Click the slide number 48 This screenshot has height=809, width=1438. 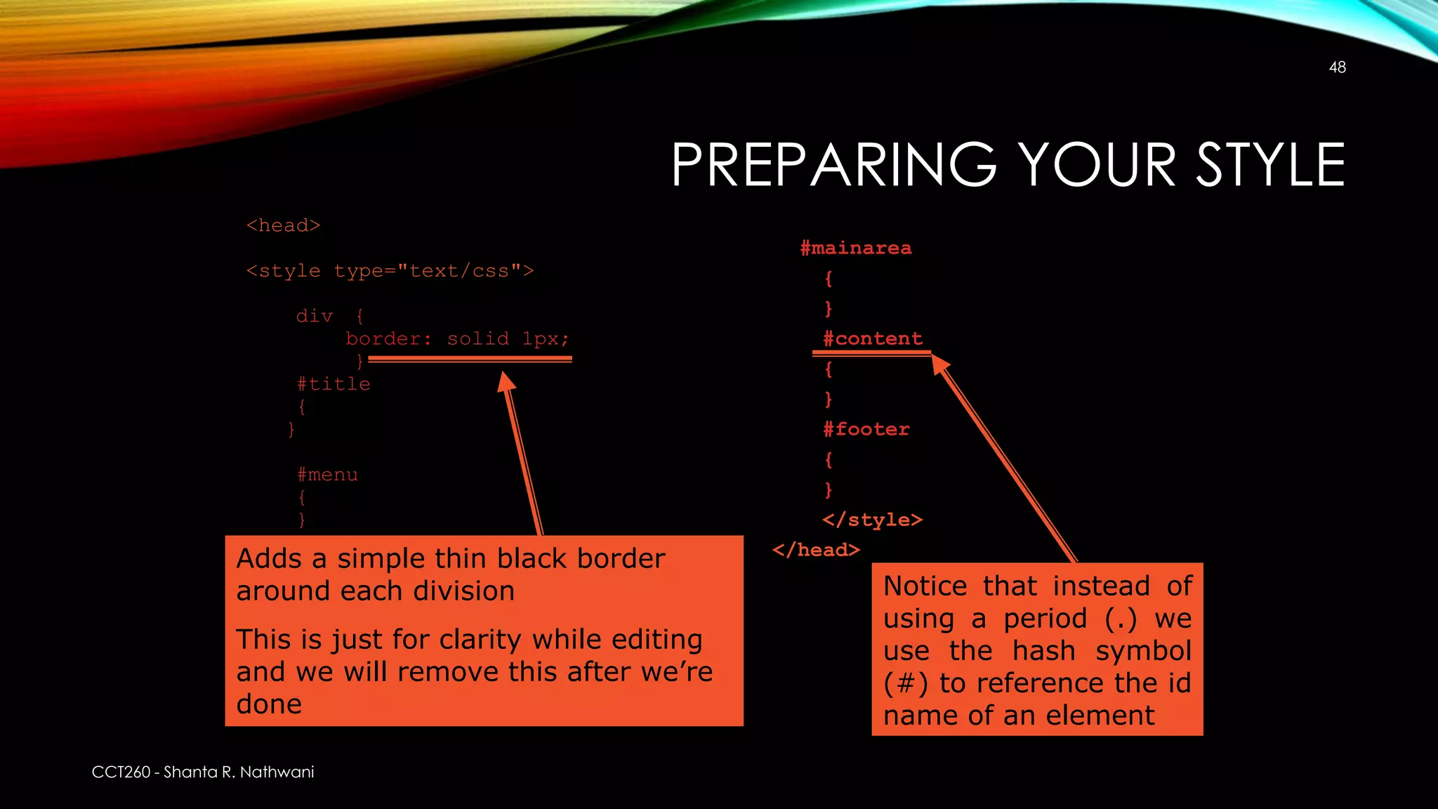coord(1337,67)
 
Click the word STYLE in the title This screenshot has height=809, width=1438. coord(1271,165)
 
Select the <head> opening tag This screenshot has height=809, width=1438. coord(283,225)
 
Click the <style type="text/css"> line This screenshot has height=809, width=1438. coord(390,271)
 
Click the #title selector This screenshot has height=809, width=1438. coord(334,384)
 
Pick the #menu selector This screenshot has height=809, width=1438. coord(327,475)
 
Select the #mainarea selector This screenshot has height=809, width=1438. coord(856,248)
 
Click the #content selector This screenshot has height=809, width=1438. coord(873,338)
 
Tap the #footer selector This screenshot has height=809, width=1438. coord(866,429)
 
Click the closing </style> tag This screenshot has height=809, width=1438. coord(872,520)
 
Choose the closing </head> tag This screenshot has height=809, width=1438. coord(816,550)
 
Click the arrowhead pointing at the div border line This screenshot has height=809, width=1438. coord(506,383)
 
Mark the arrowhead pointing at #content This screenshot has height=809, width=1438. coord(939,364)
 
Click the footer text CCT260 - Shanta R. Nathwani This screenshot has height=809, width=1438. coord(203,772)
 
